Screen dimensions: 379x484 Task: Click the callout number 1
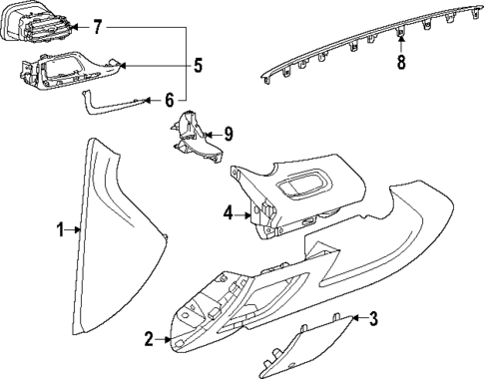[x=60, y=230]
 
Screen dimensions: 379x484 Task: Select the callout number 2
[x=150, y=340]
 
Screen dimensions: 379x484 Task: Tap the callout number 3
[x=373, y=319]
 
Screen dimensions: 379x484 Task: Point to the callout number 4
[x=228, y=212]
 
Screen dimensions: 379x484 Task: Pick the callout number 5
[x=198, y=66]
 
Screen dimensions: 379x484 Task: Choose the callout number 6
[x=170, y=99]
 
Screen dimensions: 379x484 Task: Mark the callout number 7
[x=97, y=26]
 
